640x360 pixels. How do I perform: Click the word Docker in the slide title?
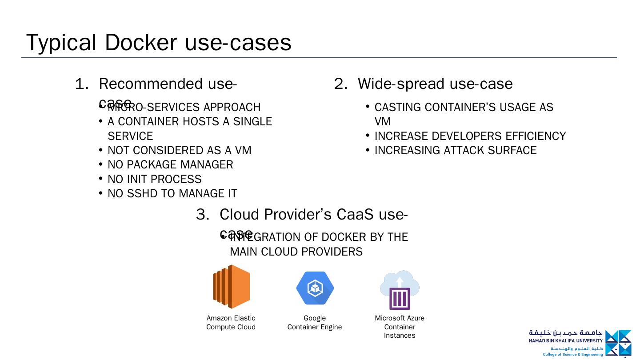[x=141, y=43]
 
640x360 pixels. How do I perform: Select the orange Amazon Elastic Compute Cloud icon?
[x=231, y=287]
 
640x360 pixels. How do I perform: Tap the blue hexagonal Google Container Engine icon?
[x=315, y=288]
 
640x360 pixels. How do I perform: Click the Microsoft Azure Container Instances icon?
[x=400, y=290]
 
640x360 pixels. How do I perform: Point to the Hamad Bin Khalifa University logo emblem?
[x=618, y=343]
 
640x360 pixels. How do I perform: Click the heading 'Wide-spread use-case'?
[x=435, y=84]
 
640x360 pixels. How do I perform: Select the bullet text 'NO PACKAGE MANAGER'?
[x=170, y=165]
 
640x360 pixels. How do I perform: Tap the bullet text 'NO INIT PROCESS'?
[x=155, y=179]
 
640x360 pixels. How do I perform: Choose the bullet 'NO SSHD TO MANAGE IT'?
[x=172, y=194]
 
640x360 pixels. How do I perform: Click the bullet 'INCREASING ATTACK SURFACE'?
[x=456, y=151]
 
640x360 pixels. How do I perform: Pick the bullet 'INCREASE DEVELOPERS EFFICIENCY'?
[x=470, y=136]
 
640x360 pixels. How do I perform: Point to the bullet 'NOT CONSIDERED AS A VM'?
[x=180, y=151]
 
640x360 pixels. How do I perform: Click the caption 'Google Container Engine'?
[x=315, y=323]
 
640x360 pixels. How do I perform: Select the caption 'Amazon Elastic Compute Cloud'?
[x=231, y=323]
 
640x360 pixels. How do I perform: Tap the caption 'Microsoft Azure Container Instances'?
[x=400, y=327]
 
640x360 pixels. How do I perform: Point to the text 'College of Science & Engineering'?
[x=573, y=354]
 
